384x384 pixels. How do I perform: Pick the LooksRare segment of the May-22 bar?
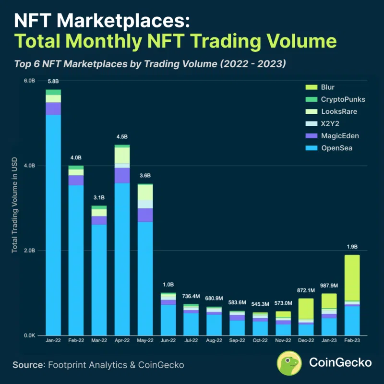(x=145, y=192)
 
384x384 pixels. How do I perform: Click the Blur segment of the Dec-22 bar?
(x=306, y=308)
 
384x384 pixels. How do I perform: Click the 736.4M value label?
(x=191, y=296)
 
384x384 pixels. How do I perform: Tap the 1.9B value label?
(x=352, y=247)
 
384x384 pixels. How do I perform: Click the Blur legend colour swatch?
(x=311, y=87)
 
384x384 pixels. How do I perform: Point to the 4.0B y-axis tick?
(x=29, y=166)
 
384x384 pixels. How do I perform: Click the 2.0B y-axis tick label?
(x=29, y=251)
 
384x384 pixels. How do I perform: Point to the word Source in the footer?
(x=28, y=365)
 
